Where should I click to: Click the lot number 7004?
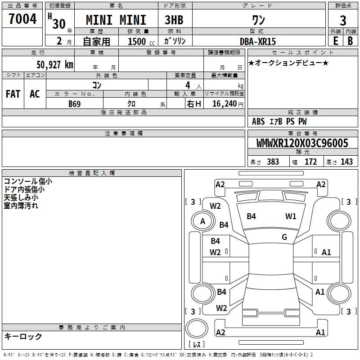pyautogui.click(x=22, y=19)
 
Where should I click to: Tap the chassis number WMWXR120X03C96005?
pyautogui.click(x=302, y=143)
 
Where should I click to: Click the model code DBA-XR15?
pyautogui.click(x=258, y=41)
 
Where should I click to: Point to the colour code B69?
pyautogui.click(x=75, y=103)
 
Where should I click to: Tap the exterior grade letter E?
pyautogui.click(x=335, y=40)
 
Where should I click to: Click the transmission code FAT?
pyautogui.click(x=13, y=94)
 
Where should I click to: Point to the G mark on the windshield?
pyautogui.click(x=284, y=237)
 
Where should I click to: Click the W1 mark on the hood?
pyautogui.click(x=291, y=216)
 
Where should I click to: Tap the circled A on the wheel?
pyautogui.click(x=202, y=221)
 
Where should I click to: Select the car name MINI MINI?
pyautogui.click(x=116, y=20)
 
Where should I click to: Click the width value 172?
pyautogui.click(x=310, y=162)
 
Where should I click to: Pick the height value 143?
pyautogui.click(x=346, y=162)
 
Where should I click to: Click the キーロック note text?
pyautogui.click(x=23, y=336)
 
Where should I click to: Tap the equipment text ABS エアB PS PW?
pyautogui.click(x=279, y=121)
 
